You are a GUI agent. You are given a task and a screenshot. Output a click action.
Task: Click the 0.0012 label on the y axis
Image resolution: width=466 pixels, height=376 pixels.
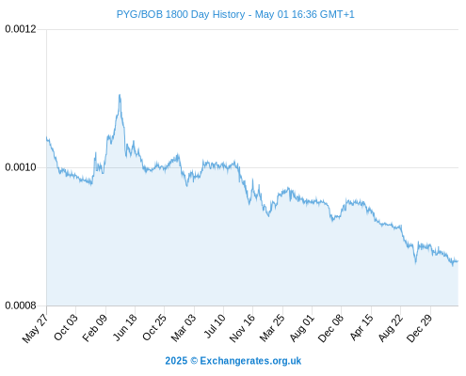[21, 29]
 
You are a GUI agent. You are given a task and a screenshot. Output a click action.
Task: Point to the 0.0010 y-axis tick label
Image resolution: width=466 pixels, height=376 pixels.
[21, 167]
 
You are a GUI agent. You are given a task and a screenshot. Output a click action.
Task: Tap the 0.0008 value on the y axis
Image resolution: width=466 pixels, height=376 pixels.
[21, 305]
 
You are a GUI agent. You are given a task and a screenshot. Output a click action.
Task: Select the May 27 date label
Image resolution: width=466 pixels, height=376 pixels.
[35, 327]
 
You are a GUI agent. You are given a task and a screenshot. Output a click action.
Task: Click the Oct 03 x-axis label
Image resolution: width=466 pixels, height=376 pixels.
[65, 327]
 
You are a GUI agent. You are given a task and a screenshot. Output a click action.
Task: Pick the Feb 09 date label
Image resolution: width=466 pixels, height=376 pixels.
[95, 327]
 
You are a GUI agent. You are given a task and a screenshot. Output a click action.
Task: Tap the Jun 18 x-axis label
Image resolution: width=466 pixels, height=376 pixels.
[125, 327]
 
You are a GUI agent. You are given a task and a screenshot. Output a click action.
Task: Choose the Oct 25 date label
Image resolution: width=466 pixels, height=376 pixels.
[154, 327]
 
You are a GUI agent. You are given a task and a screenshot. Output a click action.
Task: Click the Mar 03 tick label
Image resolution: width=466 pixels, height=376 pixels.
[184, 327]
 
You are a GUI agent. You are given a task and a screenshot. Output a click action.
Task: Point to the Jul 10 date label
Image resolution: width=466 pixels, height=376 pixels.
[215, 326]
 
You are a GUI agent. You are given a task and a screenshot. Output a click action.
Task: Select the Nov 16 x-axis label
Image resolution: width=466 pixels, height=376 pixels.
[242, 328]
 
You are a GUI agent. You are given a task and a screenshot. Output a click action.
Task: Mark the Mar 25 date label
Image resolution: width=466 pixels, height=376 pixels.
[272, 327]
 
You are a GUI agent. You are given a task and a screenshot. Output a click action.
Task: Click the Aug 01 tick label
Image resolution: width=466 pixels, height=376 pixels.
[301, 327]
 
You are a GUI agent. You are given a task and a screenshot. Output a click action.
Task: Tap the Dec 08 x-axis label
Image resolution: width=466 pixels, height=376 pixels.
[330, 328]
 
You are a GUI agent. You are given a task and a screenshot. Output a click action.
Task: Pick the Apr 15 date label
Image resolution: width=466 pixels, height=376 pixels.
[362, 327]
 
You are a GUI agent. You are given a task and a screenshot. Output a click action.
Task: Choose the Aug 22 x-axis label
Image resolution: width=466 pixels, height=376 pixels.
[390, 327]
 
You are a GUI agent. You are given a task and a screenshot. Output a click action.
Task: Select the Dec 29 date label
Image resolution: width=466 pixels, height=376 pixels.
[420, 328]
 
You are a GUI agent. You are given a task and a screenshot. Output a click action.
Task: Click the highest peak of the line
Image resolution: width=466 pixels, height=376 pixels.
[120, 95]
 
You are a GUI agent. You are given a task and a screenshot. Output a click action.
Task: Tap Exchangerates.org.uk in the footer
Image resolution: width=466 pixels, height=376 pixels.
[250, 361]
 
